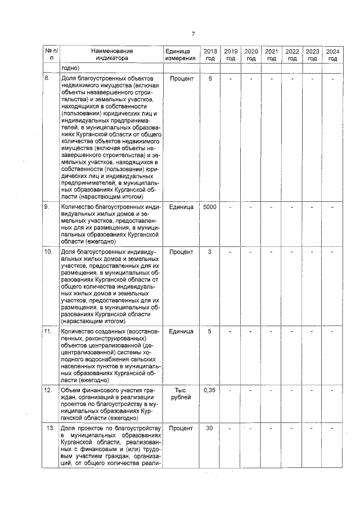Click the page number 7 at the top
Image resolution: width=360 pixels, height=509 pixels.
tap(193, 33)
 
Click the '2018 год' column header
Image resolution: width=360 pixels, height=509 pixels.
tap(210, 55)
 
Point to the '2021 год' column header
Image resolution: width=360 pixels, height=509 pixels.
tap(271, 55)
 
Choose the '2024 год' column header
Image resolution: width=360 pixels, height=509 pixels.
tap(332, 55)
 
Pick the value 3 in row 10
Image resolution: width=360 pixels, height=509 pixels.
tap(210, 251)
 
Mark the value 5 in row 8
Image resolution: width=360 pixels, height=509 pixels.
tap(210, 79)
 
